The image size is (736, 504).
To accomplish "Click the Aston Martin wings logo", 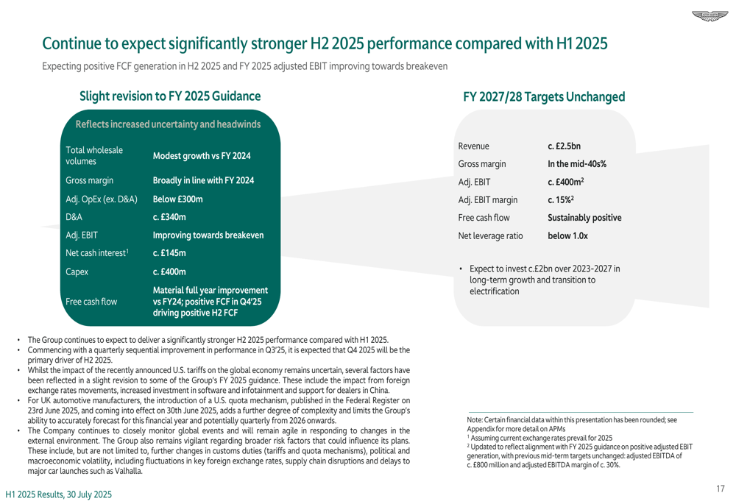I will [708, 16].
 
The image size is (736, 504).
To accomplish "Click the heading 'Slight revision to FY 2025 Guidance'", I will [169, 96].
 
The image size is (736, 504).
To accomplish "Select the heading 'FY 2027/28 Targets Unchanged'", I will [544, 97].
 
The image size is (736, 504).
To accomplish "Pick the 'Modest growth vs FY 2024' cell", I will [202, 156].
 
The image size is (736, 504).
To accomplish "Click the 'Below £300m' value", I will [177, 199].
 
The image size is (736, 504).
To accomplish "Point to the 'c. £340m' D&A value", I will [169, 217].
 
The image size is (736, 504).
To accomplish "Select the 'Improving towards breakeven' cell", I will [208, 235].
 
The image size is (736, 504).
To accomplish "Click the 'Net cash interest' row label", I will [97, 254].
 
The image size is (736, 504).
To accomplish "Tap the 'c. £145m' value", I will [169, 254].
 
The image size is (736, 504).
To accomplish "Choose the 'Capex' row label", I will [77, 272].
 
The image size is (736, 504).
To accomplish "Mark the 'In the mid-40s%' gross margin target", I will [577, 163].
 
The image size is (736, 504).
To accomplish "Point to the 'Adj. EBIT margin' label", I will [487, 199].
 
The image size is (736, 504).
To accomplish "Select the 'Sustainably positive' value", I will [584, 219].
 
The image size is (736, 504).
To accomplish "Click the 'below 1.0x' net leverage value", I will [568, 237].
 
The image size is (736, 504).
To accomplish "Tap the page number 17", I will [719, 488].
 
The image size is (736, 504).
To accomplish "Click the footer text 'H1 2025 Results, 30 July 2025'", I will [60, 494].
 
